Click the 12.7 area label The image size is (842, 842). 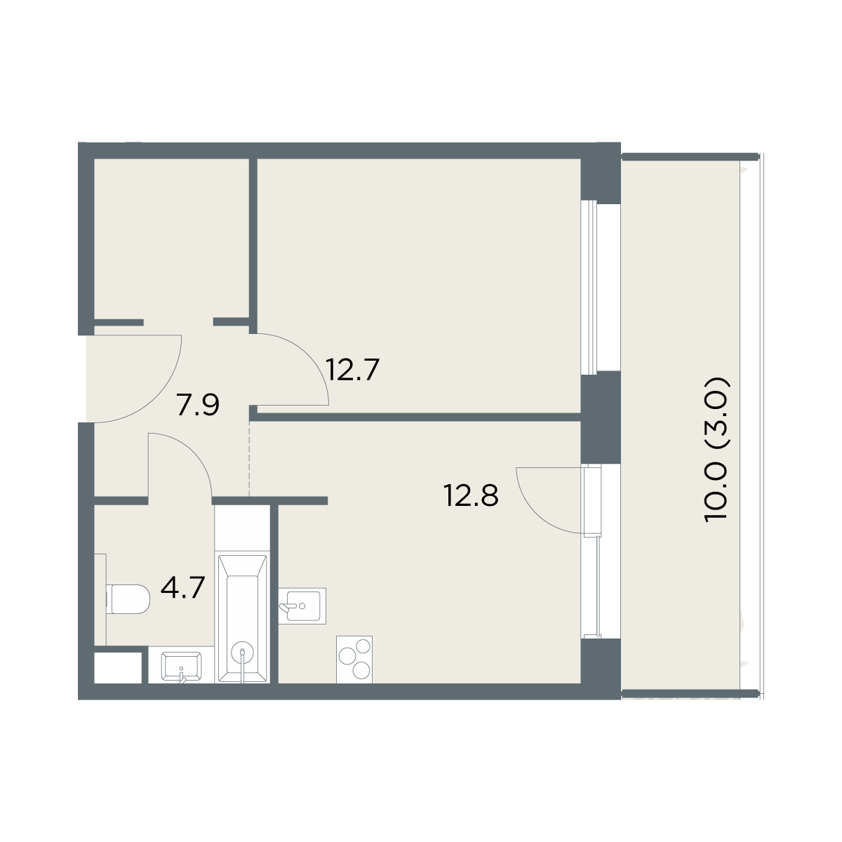coord(352,370)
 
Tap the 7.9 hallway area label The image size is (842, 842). coord(197,405)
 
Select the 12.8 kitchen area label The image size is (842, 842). coord(471,496)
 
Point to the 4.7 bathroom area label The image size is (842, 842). coord(182,588)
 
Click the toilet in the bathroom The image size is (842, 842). coord(128,599)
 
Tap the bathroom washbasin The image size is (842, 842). coord(181,666)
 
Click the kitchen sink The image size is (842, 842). coord(302,606)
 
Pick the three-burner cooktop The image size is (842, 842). coord(354,660)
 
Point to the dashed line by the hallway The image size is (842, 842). coord(249,459)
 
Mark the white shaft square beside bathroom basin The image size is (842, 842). coord(119,668)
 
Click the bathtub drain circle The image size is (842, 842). coord(243,653)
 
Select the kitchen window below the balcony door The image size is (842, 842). coord(592,586)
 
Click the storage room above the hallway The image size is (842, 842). coord(172,239)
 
